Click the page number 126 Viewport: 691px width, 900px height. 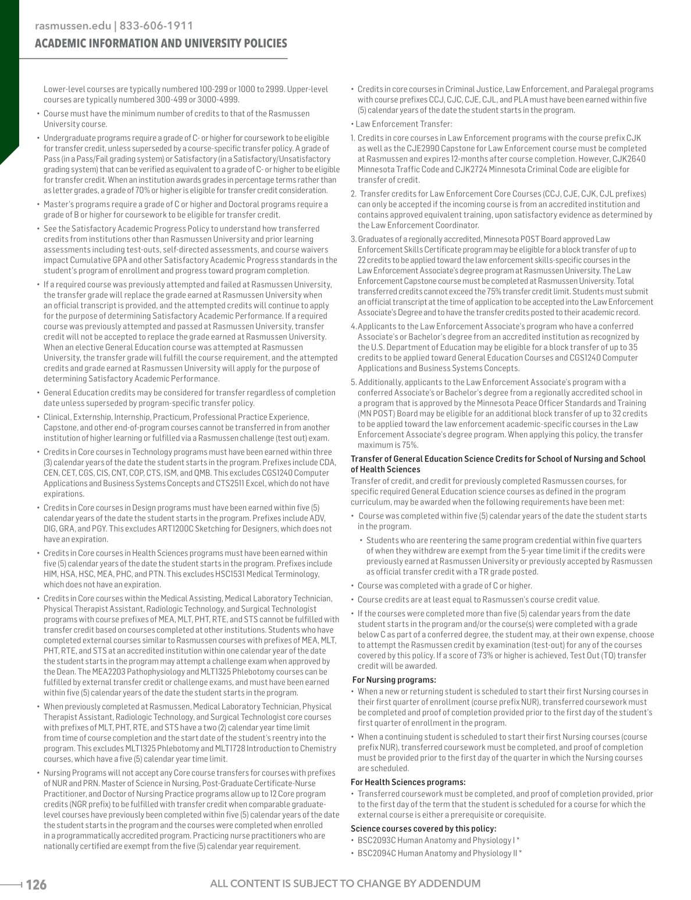click(36, 885)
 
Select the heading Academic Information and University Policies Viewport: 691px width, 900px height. click(161, 44)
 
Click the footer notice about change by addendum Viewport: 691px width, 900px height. click(345, 884)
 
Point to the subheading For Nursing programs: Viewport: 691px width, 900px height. click(394, 680)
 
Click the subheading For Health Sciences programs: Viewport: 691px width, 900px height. click(408, 782)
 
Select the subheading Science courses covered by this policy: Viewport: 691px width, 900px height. click(423, 828)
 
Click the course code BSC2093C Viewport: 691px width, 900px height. click(377, 841)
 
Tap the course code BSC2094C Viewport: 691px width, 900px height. click(377, 853)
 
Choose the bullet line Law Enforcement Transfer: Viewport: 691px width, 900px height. click(401, 124)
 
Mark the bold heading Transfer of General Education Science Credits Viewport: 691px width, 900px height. click(497, 459)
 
